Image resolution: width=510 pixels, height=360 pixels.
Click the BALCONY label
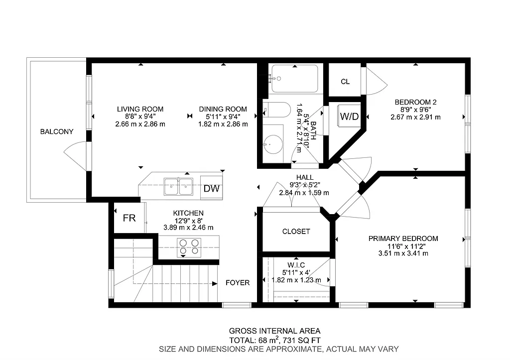click(x=57, y=132)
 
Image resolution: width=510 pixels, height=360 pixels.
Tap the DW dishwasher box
click(x=212, y=189)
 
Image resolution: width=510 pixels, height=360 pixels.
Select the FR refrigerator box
click(x=129, y=218)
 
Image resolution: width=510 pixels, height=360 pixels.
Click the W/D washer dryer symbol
click(x=349, y=117)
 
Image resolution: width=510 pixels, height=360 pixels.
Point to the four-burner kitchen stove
click(x=189, y=246)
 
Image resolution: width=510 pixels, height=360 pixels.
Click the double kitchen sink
click(x=179, y=186)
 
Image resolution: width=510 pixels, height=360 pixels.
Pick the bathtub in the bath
click(x=294, y=79)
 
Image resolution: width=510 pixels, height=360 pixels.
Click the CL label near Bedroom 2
click(x=345, y=82)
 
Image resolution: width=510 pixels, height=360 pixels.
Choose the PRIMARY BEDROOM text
click(x=403, y=239)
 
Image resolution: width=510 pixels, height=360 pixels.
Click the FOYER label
click(x=238, y=283)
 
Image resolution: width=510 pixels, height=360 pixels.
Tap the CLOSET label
click(x=296, y=232)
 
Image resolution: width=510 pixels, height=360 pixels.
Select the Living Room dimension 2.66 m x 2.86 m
click(x=140, y=124)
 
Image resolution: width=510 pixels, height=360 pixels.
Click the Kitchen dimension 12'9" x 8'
click(x=188, y=220)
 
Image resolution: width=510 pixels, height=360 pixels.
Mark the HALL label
click(x=305, y=177)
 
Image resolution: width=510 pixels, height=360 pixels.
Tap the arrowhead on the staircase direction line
click(x=215, y=284)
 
